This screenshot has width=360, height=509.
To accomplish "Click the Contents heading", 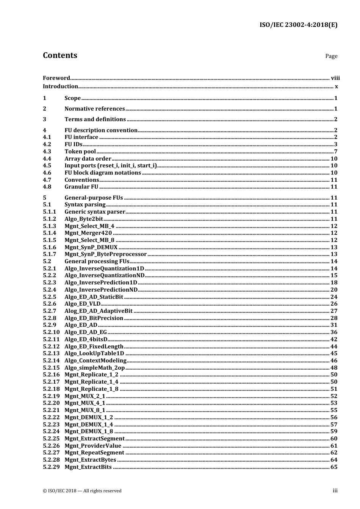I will click(60, 55).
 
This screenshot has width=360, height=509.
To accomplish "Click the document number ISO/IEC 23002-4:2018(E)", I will click(298, 25).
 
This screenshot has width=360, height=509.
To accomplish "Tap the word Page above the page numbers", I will click(331, 56).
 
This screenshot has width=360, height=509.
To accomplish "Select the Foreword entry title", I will click(56, 78).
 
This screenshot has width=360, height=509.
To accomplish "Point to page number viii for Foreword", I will click(335, 78).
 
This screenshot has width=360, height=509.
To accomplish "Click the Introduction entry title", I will click(60, 86).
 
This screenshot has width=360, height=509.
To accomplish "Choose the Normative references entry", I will click(94, 109).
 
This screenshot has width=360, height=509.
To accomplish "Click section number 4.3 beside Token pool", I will click(47, 151).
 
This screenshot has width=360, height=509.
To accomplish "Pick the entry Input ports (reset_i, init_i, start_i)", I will click(110, 166).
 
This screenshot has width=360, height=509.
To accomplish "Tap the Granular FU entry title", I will click(81, 187).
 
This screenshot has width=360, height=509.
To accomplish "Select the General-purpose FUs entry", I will click(94, 198).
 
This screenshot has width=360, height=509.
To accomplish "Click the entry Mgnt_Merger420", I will click(88, 233).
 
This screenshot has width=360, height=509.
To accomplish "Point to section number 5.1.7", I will click(49, 254).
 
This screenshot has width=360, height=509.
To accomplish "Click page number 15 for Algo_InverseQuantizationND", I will click(334, 275).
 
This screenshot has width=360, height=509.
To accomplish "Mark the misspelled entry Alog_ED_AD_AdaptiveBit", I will click(99, 311).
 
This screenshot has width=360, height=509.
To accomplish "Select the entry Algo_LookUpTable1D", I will click(94, 353).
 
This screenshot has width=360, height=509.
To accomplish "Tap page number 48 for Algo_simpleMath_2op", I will click(334, 368).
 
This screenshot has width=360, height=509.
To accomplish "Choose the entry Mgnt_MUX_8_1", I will click(85, 410).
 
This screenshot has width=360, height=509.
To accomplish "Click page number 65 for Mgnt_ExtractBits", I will click(334, 467).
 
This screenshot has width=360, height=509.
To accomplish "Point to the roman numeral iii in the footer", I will click(335, 490).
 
